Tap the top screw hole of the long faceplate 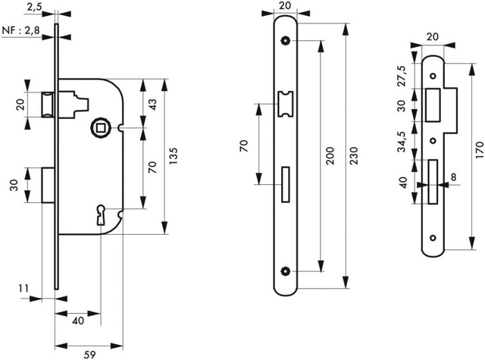click(x=285, y=40)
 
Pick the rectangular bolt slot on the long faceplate click(x=285, y=183)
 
